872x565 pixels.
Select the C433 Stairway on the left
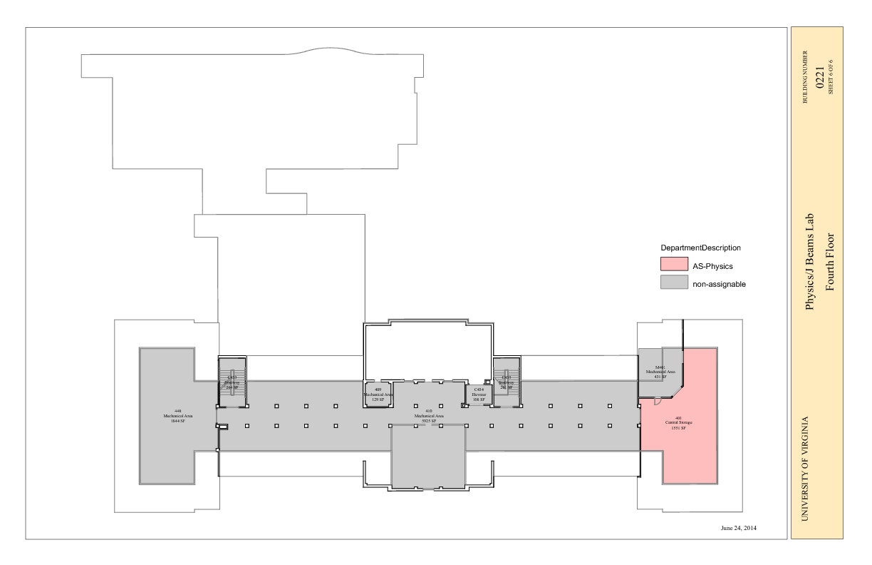click(232, 382)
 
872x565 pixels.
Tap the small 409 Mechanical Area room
click(378, 395)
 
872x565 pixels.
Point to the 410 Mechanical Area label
click(429, 416)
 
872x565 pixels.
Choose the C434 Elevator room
click(479, 395)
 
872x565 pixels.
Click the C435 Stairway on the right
click(506, 382)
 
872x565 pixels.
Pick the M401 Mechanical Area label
click(660, 372)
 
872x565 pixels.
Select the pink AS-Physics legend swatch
click(673, 266)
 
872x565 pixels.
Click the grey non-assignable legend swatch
click(673, 283)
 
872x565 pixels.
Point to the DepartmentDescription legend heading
click(700, 248)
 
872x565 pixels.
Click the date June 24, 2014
click(738, 529)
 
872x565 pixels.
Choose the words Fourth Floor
click(829, 263)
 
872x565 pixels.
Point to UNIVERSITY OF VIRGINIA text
click(806, 469)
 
